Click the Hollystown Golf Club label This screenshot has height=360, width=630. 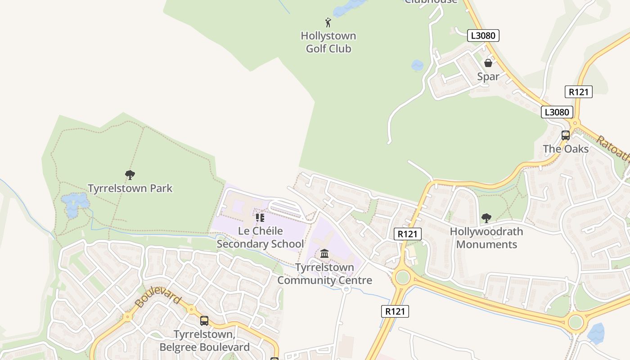(x=328, y=42)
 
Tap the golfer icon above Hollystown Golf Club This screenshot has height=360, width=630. (x=328, y=22)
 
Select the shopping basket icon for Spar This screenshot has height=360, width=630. (x=488, y=63)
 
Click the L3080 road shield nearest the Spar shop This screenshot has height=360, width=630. (x=483, y=36)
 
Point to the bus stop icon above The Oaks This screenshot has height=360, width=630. (x=565, y=135)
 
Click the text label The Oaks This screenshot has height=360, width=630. (x=565, y=149)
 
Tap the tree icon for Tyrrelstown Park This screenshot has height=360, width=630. (x=130, y=175)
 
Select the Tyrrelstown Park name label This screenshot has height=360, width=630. (x=130, y=188)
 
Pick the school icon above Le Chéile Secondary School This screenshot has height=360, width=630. (x=260, y=218)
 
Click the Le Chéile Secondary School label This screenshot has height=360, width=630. (x=260, y=238)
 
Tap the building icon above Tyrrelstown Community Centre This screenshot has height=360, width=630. (x=324, y=254)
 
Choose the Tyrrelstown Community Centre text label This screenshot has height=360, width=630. (x=324, y=274)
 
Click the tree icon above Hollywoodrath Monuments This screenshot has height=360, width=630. (x=486, y=218)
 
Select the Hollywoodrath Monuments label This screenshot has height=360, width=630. (x=486, y=238)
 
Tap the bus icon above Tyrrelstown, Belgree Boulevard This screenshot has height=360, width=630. (x=204, y=321)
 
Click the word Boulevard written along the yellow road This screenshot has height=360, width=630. (x=157, y=298)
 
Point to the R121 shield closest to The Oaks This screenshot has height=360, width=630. (x=578, y=92)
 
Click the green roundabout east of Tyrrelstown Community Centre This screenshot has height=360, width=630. (x=402, y=278)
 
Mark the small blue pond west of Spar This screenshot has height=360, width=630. (x=417, y=66)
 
